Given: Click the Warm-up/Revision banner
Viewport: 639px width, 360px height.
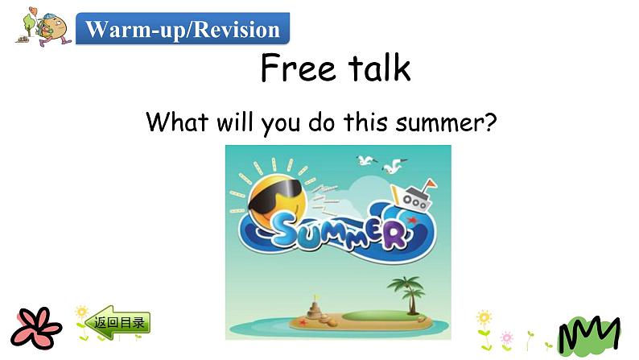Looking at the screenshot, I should [183, 30].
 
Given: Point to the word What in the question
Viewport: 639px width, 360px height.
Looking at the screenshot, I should [177, 122].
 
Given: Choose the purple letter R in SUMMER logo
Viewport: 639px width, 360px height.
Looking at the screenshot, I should [394, 235].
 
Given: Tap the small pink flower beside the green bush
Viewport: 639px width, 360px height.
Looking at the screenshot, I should [506, 337].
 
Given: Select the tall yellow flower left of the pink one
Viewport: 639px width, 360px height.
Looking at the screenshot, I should [484, 326].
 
